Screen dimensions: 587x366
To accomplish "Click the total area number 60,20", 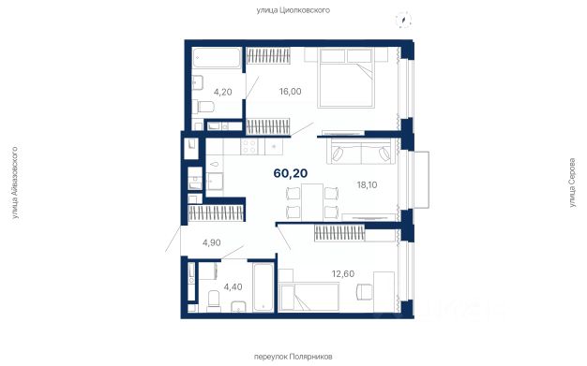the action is click(x=291, y=173).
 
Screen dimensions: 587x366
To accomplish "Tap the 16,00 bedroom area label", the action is click(x=290, y=92).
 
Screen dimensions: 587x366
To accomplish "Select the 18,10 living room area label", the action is click(x=367, y=184).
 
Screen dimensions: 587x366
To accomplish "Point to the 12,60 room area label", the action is click(x=343, y=273).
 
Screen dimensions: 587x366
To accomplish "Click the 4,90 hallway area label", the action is click(x=212, y=242).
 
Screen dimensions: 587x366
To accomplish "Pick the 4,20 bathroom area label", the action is click(x=223, y=92).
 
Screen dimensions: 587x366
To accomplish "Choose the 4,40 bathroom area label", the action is click(x=233, y=287).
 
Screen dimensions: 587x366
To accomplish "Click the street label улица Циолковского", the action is click(x=293, y=10).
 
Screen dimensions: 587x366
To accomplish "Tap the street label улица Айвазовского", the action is click(x=15, y=183).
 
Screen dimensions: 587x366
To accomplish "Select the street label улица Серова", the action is click(x=572, y=183).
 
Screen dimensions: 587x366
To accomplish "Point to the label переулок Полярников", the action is click(x=293, y=357).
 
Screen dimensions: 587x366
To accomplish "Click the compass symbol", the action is click(x=403, y=21).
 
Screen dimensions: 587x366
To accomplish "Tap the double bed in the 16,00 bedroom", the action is click(x=346, y=78).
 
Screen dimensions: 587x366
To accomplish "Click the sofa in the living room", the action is click(x=361, y=151).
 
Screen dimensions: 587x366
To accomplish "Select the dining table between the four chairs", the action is click(x=312, y=202).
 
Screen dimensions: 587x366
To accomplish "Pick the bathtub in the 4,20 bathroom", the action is click(x=217, y=58).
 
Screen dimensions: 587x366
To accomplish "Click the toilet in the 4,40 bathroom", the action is click(x=214, y=300).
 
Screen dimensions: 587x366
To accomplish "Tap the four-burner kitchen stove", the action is click(x=248, y=147).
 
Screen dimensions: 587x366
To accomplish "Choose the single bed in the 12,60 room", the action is click(x=309, y=296).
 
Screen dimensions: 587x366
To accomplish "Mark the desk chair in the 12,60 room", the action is click(x=365, y=292).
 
